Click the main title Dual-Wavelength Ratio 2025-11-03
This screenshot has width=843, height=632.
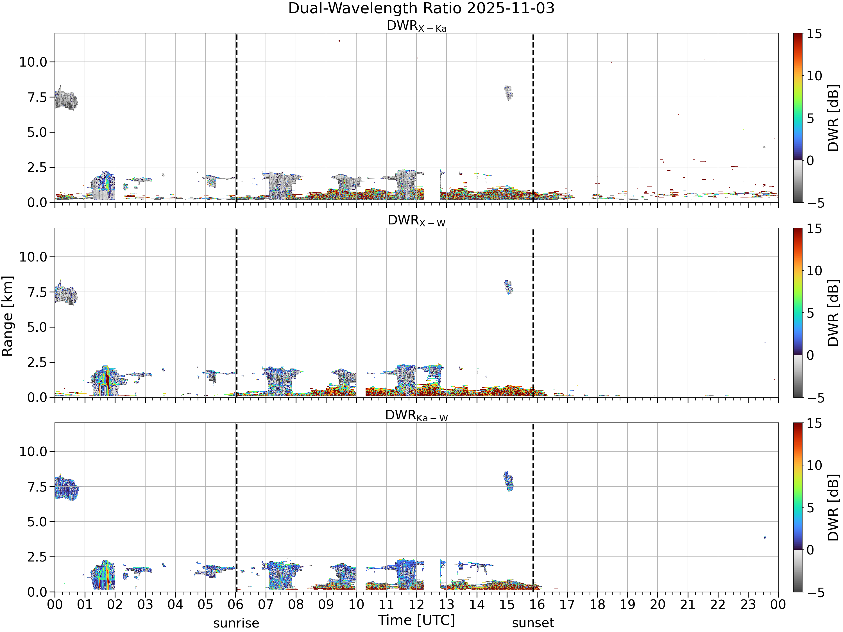421,8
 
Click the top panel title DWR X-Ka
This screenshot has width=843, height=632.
416,26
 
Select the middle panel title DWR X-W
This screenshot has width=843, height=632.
416,220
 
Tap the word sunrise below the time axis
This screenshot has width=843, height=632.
236,623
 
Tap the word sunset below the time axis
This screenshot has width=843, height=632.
533,623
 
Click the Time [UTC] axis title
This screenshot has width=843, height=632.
416,620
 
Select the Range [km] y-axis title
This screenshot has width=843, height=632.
8,316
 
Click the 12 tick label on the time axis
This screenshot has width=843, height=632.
416,604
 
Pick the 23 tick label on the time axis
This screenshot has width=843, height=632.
748,604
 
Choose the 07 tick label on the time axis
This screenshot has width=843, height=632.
266,604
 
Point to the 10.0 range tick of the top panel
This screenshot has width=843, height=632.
33,62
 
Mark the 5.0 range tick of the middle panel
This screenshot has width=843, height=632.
37,327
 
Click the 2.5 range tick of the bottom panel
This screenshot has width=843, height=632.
37,557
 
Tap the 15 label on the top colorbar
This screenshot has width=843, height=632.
814,34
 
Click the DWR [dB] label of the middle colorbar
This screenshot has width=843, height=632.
833,313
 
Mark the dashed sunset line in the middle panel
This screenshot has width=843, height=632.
533,313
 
